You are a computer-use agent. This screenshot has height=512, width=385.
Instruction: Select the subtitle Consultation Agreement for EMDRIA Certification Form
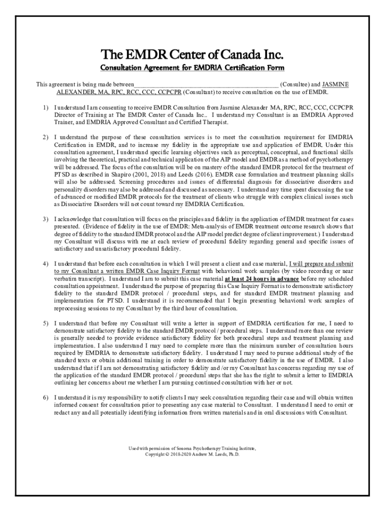(192, 67)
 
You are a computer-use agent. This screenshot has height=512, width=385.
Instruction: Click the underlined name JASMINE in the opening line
(335, 84)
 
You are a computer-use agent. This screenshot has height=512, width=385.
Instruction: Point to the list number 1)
(45, 107)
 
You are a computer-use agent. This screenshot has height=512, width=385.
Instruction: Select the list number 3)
(45, 219)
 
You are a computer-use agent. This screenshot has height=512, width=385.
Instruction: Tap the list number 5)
(45, 323)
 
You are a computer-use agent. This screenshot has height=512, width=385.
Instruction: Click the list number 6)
(45, 397)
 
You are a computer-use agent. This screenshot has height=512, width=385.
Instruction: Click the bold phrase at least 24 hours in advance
(262, 278)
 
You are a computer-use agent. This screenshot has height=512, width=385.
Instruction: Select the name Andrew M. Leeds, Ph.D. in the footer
(216, 455)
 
